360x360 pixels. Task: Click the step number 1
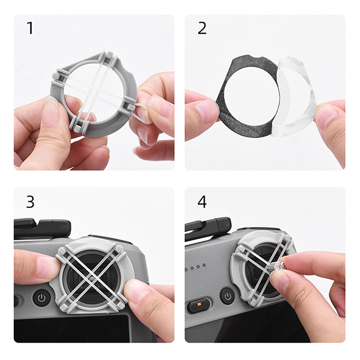(x=30, y=28)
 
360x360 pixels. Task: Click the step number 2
(x=202, y=28)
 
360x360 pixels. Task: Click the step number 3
(x=30, y=202)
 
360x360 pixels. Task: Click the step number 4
(x=202, y=202)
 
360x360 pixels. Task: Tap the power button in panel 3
(x=41, y=298)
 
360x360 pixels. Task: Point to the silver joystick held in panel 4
(x=276, y=266)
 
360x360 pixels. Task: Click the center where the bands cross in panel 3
(x=92, y=279)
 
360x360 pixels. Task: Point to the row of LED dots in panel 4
(x=195, y=267)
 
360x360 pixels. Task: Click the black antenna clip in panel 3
(x=42, y=229)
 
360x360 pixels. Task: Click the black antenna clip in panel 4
(x=208, y=229)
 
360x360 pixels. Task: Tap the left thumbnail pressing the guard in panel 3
(x=47, y=267)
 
